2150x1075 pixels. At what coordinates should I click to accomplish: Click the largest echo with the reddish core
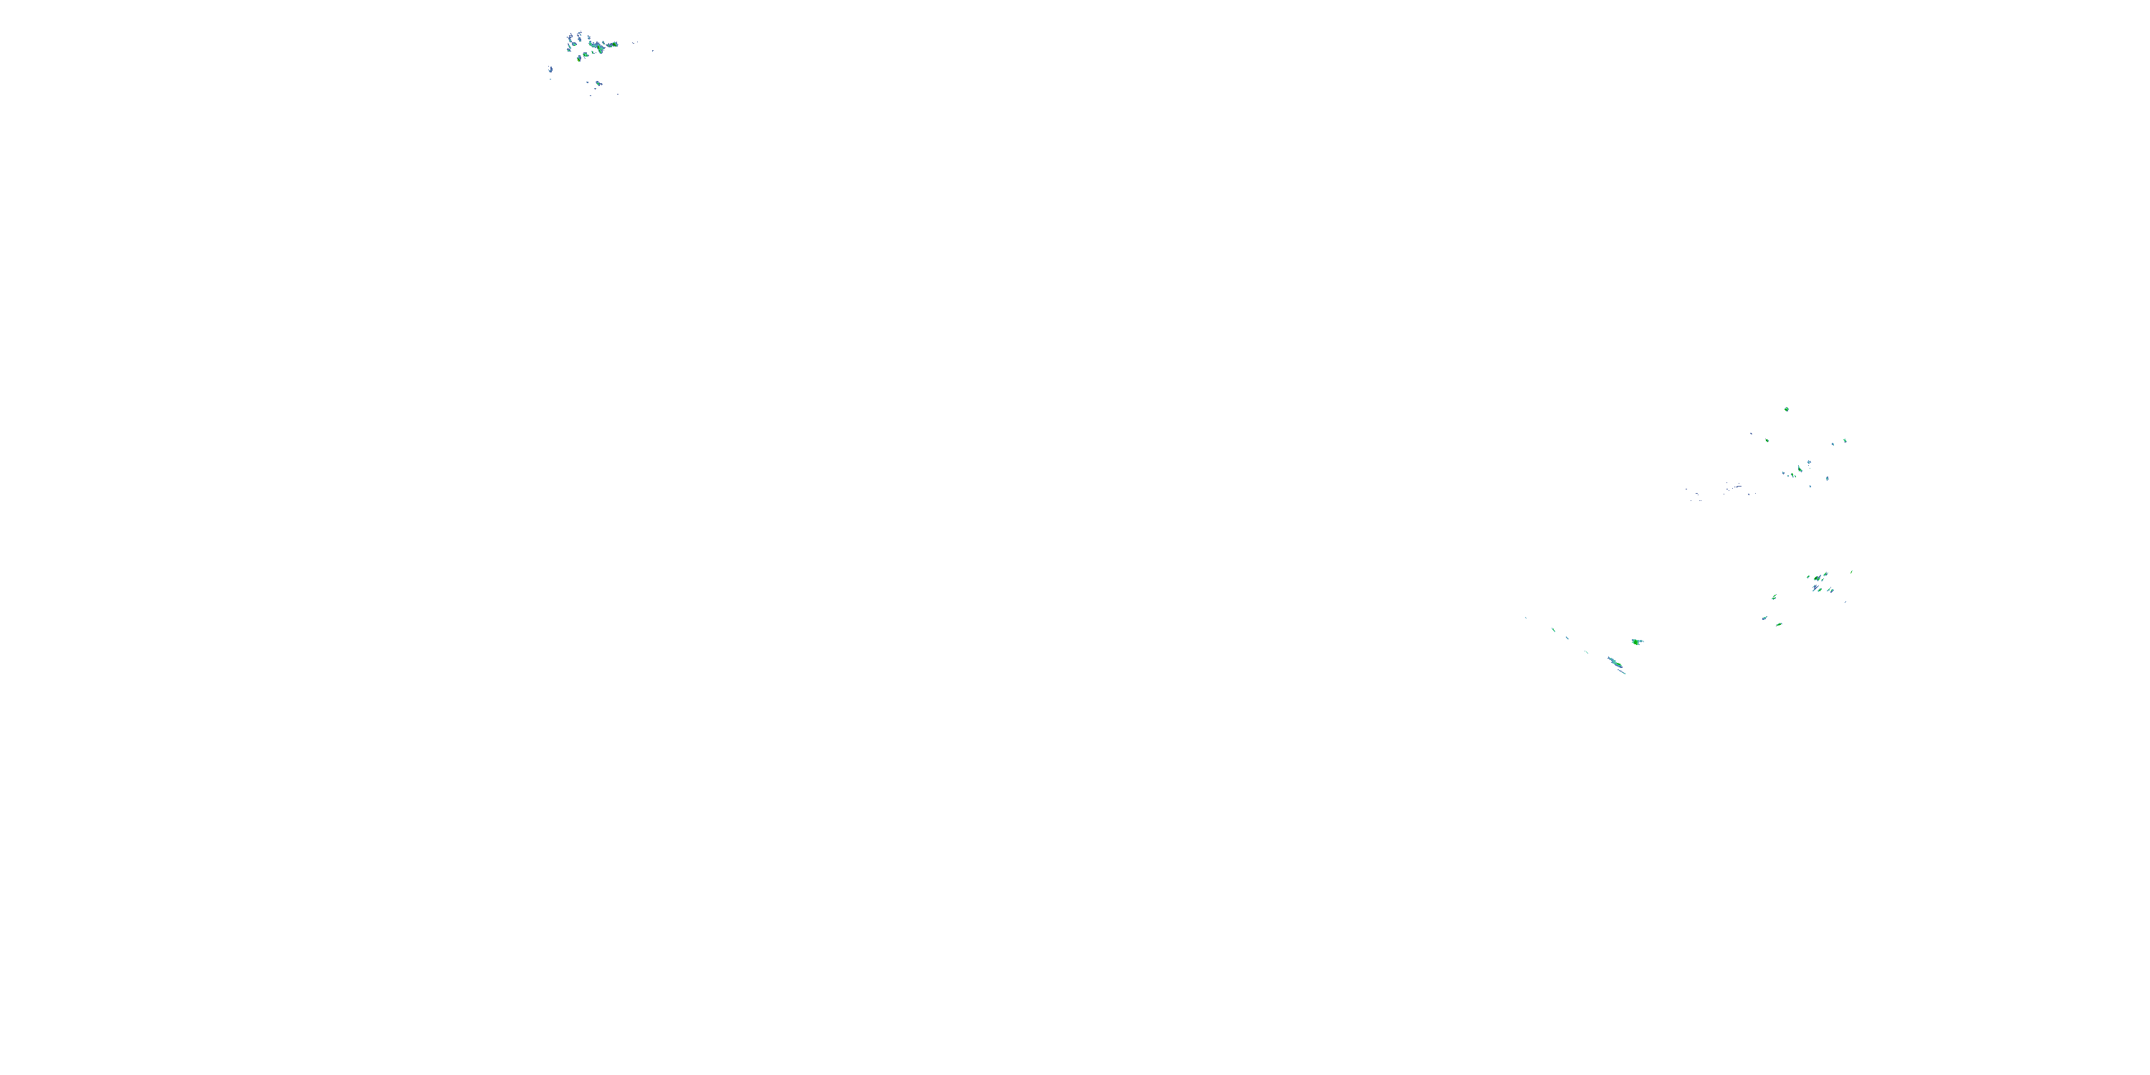point(599,47)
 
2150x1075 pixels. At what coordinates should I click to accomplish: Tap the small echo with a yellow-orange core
point(579,60)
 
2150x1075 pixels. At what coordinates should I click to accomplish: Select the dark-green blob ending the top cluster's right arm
point(614,44)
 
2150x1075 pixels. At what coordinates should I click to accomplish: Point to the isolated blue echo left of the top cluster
point(551,70)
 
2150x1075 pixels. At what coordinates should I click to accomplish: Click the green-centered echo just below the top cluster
point(598,85)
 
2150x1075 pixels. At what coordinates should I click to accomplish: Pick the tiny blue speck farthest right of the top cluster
point(654,51)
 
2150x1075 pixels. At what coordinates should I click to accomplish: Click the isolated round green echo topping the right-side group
point(1787,410)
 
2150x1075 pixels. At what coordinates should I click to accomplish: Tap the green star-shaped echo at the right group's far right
point(1845,441)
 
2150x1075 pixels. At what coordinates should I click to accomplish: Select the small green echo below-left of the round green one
point(1768,441)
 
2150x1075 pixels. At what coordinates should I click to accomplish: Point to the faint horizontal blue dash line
point(1739,487)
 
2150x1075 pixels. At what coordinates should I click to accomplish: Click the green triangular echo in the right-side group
point(1800,469)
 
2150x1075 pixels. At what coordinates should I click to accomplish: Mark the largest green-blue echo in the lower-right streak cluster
point(1817,578)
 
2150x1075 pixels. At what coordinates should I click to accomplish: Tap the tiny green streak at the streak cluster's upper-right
point(1852,572)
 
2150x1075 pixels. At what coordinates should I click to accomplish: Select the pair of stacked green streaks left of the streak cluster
point(1774,598)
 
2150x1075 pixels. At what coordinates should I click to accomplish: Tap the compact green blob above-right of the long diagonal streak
point(1637,642)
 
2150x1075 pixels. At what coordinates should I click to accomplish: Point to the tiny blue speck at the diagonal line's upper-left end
point(1526,618)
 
